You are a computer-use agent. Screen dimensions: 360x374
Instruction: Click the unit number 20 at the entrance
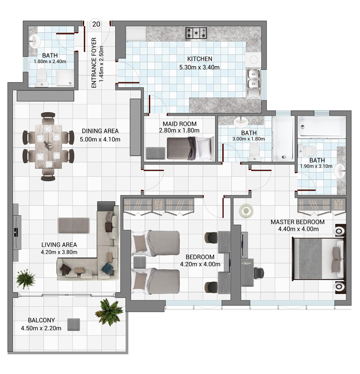pyautogui.click(x=96, y=24)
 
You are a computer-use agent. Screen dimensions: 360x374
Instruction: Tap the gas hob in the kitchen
pyautogui.click(x=196, y=33)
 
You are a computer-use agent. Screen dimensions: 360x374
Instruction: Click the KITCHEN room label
pyautogui.click(x=200, y=59)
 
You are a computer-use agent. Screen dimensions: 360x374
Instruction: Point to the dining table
pyautogui.click(x=49, y=147)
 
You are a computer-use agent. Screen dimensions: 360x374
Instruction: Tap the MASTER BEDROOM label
pyautogui.click(x=297, y=222)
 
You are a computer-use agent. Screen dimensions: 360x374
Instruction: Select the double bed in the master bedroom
pyautogui.click(x=318, y=258)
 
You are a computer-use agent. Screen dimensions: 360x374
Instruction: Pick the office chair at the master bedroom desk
pyautogui.click(x=259, y=273)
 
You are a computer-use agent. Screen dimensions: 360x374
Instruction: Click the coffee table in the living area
pyautogui.click(x=74, y=225)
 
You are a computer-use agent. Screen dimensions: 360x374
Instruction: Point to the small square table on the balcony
pyautogui.click(x=74, y=324)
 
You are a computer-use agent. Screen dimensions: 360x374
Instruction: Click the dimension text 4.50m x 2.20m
pyautogui.click(x=41, y=328)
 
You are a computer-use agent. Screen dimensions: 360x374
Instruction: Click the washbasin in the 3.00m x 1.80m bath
pyautogui.click(x=241, y=122)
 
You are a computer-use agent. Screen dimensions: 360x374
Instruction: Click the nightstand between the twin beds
pyautogui.click(x=139, y=262)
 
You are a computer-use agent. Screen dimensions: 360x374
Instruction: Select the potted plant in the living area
pyautogui.click(x=25, y=279)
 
